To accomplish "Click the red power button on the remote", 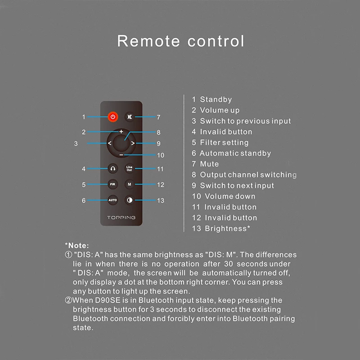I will pyautogui.click(x=112, y=117).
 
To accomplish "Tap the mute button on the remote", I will pyautogui.click(x=130, y=117).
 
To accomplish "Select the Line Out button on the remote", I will pyautogui.click(x=130, y=169).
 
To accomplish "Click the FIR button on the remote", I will pyautogui.click(x=112, y=184).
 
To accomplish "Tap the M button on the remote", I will pyautogui.click(x=130, y=184).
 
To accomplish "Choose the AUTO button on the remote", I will pyautogui.click(x=112, y=200).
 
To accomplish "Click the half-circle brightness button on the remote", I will pyautogui.click(x=130, y=200).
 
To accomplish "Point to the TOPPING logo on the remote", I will pyautogui.click(x=121, y=218).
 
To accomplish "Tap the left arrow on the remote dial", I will pyautogui.click(x=110, y=144).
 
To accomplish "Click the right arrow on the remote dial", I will pyautogui.click(x=133, y=144).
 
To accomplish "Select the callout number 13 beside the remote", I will pyautogui.click(x=161, y=201).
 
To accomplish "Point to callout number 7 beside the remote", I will pyautogui.click(x=158, y=117).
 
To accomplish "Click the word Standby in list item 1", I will pyautogui.click(x=216, y=99).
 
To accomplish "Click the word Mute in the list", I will pyautogui.click(x=209, y=164).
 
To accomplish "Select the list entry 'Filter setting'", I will pyautogui.click(x=224, y=143).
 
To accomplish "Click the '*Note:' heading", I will pyautogui.click(x=77, y=245).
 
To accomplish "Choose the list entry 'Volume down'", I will pyautogui.click(x=230, y=196).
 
